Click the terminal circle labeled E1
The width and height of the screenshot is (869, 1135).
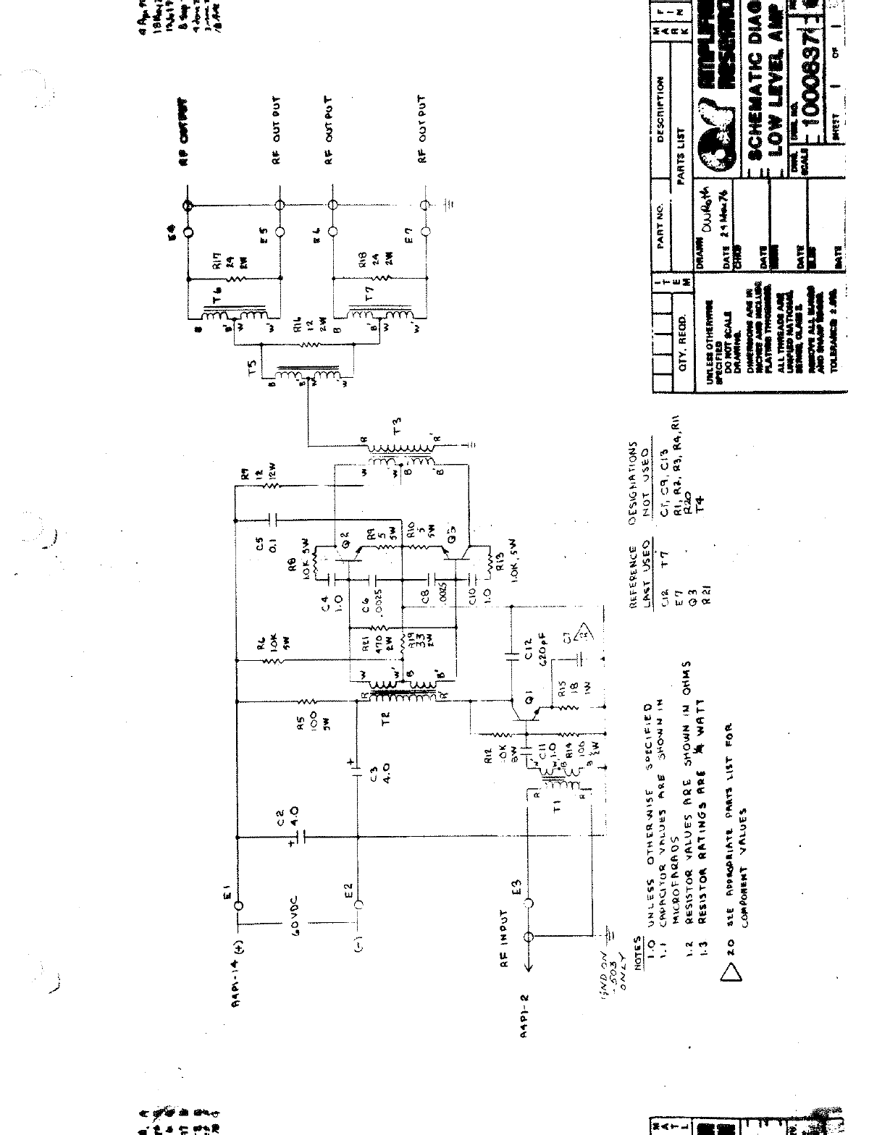click(x=238, y=904)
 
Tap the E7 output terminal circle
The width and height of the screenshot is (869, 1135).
click(x=426, y=232)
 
